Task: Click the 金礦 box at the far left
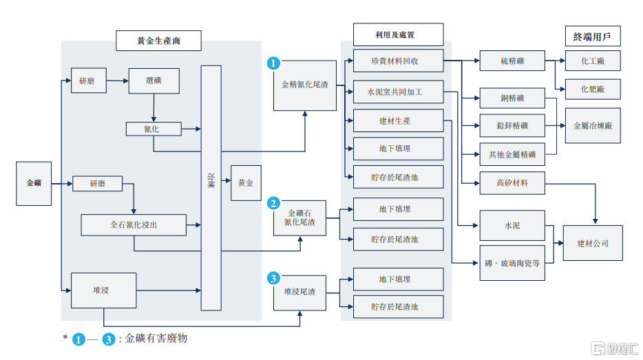pyautogui.click(x=34, y=183)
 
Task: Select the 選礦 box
pyautogui.click(x=154, y=81)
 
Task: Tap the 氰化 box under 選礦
pyautogui.click(x=153, y=128)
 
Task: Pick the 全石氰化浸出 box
pyautogui.click(x=134, y=224)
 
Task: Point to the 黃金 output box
pyautogui.click(x=246, y=183)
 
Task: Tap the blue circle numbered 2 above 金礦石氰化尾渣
pyautogui.click(x=273, y=203)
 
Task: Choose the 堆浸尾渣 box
pyautogui.click(x=299, y=292)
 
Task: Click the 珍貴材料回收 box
pyautogui.click(x=398, y=61)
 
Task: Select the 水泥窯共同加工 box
pyautogui.click(x=398, y=92)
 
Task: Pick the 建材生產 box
pyautogui.click(x=398, y=121)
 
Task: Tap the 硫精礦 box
pyautogui.click(x=512, y=61)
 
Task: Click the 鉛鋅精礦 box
pyautogui.click(x=512, y=126)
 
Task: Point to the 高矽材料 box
pyautogui.click(x=512, y=183)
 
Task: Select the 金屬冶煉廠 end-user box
pyautogui.click(x=593, y=126)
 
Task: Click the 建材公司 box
pyautogui.click(x=593, y=243)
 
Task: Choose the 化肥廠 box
pyautogui.click(x=593, y=89)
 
